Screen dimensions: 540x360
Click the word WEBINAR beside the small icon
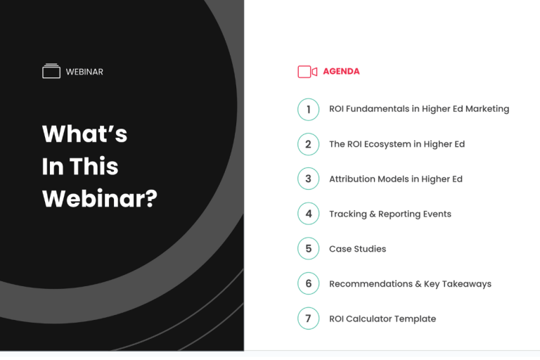pyautogui.click(x=84, y=72)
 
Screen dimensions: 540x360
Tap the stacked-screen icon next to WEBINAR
pyautogui.click(x=51, y=71)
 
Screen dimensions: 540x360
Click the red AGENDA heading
pyautogui.click(x=341, y=71)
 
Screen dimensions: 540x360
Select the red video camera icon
pyautogui.click(x=307, y=72)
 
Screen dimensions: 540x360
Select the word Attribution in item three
pyautogui.click(x=352, y=179)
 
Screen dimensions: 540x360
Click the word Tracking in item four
pyautogui.click(x=348, y=214)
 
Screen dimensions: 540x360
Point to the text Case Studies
pyautogui.click(x=357, y=249)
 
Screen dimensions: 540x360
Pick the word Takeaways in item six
pyautogui.click(x=467, y=284)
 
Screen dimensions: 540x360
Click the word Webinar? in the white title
pyautogui.click(x=100, y=198)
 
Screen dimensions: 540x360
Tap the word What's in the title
pyautogui.click(x=84, y=134)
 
